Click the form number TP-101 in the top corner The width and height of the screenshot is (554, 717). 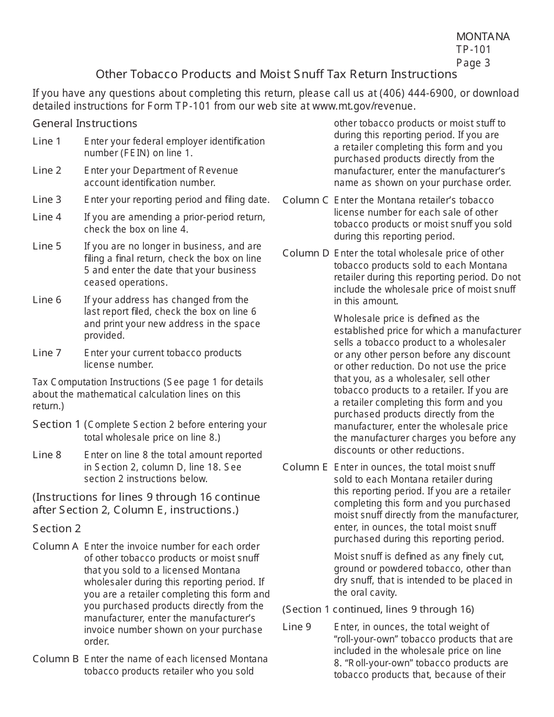coord(474,50)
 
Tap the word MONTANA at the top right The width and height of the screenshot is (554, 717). coord(483,37)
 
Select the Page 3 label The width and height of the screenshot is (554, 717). coord(473,63)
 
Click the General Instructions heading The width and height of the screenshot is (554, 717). coord(85,123)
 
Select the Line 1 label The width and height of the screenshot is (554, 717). coord(47,141)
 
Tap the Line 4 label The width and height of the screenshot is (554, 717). coord(47,217)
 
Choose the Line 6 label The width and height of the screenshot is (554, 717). coord(47,300)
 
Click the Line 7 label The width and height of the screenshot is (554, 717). coord(47,353)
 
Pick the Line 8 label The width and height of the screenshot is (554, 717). coord(47,455)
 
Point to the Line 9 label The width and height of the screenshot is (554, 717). coord(297,627)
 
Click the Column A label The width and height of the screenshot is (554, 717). coord(55,546)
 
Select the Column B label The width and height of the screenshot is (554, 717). coord(55,659)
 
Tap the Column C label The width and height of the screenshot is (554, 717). coord(306,200)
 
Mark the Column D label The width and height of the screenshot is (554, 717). coord(306,253)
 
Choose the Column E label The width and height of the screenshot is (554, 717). coord(306,467)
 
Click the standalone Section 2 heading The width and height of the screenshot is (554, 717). coord(57,528)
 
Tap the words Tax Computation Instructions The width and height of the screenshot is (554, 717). coord(96,382)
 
